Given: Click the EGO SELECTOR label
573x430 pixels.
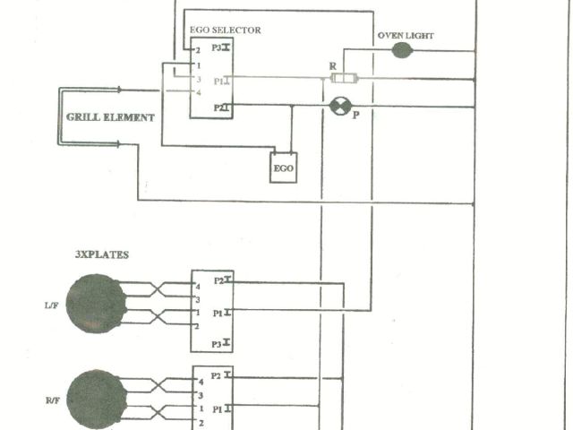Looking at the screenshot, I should pyautogui.click(x=225, y=30).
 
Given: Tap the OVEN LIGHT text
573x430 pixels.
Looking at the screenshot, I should pyautogui.click(x=405, y=36).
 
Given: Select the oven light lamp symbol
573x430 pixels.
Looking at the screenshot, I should pyautogui.click(x=403, y=51).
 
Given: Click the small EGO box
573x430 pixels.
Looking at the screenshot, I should pyautogui.click(x=284, y=168).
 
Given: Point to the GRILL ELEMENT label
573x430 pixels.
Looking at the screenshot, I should pyautogui.click(x=110, y=117).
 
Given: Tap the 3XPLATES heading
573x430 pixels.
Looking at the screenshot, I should pyautogui.click(x=102, y=254).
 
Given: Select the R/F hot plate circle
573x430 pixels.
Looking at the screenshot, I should pyautogui.click(x=95, y=398).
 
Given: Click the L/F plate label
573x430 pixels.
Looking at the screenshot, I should pyautogui.click(x=52, y=305).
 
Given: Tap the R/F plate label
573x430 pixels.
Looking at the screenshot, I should pyautogui.click(x=52, y=400).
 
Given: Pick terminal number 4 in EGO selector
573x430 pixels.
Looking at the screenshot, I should pyautogui.click(x=198, y=92).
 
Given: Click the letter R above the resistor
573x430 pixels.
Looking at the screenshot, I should pyautogui.click(x=333, y=66).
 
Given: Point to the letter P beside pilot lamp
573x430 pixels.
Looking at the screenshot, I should pyautogui.click(x=355, y=115).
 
